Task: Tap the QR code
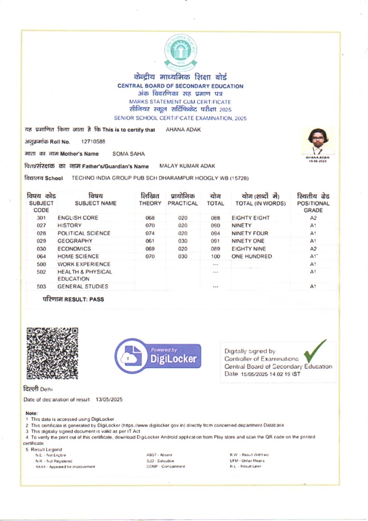coord(53,353)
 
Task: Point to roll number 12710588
coord(93,142)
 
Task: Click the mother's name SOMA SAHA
coord(129,154)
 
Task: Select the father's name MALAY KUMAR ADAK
coord(187,166)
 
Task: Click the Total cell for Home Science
coord(216,257)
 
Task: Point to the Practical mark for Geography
coord(183,241)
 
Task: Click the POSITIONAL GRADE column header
coord(313,203)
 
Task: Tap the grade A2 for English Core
coord(313,218)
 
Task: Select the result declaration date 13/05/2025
coord(109,399)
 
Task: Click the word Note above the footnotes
coord(32,414)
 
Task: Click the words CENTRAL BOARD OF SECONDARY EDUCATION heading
coord(180,86)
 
